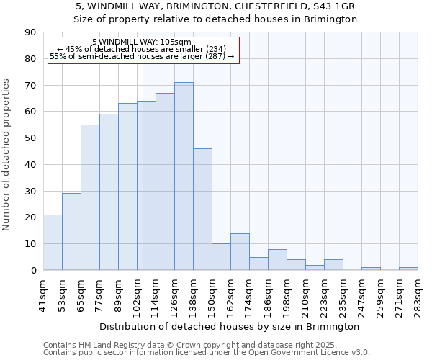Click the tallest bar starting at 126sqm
pyautogui.click(x=184, y=176)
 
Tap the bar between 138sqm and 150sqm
pyautogui.click(x=202, y=209)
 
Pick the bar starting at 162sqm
pyautogui.click(x=240, y=251)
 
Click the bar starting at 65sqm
pyautogui.click(x=90, y=197)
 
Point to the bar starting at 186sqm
pyautogui.click(x=277, y=259)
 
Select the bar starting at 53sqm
pyautogui.click(x=71, y=231)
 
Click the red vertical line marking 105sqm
pyautogui.click(x=143, y=180)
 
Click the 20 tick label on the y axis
pyautogui.click(x=32, y=217)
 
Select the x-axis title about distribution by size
pyautogui.click(x=230, y=327)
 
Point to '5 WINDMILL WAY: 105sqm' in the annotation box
pyautogui.click(x=142, y=42)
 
